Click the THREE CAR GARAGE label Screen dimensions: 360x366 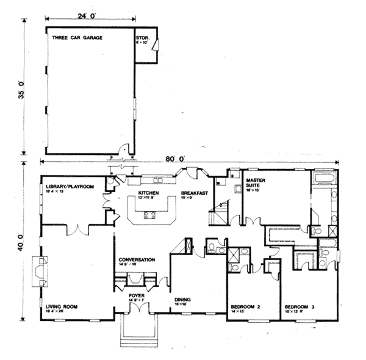point(77,38)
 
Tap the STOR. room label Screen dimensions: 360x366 point(142,38)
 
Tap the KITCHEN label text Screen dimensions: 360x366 point(149,192)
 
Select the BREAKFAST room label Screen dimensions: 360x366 point(195,192)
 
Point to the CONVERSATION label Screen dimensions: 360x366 point(137,259)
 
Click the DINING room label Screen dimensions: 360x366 point(183,299)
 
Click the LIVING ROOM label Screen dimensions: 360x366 point(61,306)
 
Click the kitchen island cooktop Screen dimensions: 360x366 point(149,214)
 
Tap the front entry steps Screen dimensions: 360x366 point(139,330)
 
